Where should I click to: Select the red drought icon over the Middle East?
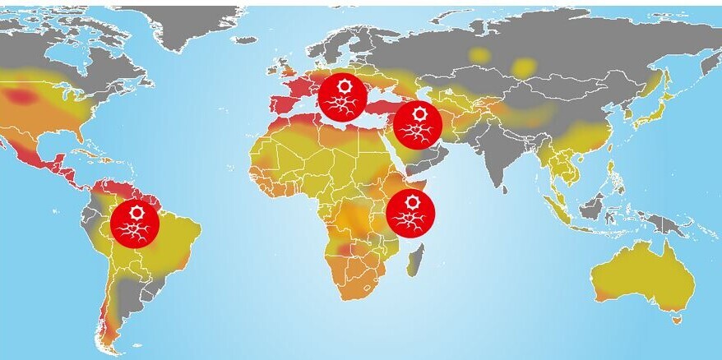click(418, 124)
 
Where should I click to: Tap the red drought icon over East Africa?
click(410, 213)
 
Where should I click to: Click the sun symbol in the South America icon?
click(137, 213)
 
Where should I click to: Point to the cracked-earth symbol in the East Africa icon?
click(410, 220)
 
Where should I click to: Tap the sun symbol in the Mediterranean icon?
click(343, 85)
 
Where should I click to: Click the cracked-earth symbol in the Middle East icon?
click(417, 132)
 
